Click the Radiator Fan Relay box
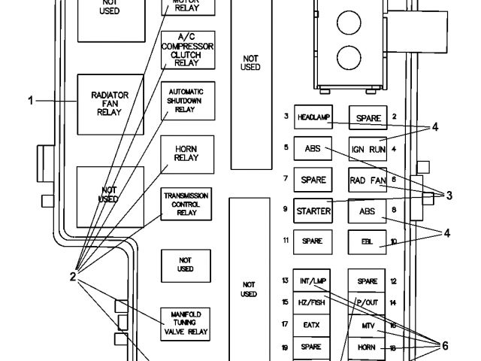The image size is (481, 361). click(110, 105)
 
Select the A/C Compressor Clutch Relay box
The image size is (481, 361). click(187, 50)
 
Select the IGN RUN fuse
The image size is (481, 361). click(368, 149)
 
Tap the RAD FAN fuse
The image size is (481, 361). click(368, 180)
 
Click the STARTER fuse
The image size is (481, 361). click(313, 211)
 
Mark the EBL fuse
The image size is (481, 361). click(368, 241)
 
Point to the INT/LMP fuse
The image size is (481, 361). click(313, 281)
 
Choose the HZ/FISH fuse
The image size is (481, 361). click(313, 302)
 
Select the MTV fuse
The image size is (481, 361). click(368, 326)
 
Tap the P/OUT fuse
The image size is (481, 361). click(368, 302)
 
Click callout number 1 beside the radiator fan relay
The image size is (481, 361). click(31, 99)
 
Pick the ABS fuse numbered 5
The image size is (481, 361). click(313, 149)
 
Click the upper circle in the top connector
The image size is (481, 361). click(348, 23)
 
